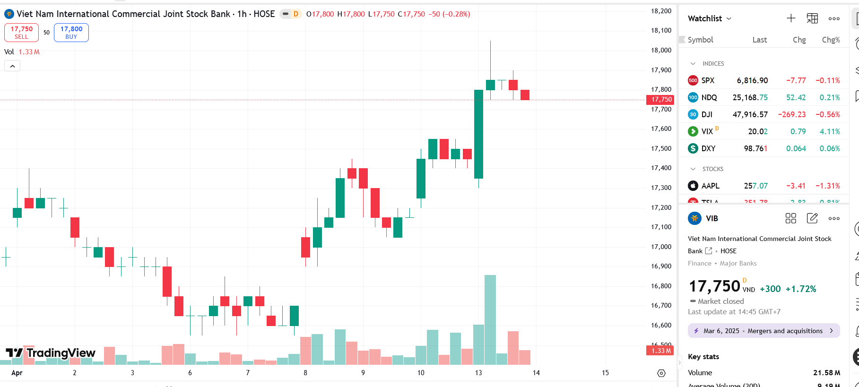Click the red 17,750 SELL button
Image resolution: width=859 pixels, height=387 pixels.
point(21,33)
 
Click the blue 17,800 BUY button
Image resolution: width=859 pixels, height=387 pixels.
point(71,33)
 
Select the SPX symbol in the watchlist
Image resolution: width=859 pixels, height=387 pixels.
point(708,80)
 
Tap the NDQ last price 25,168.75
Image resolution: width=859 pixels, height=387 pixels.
point(750,97)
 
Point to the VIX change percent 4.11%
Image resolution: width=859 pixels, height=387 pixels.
point(830,131)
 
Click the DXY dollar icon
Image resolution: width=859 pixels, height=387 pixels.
point(693,148)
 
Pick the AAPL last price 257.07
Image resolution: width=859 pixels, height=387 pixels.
point(755,186)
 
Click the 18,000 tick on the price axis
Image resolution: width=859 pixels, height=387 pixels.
point(661,50)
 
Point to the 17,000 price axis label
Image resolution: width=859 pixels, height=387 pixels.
point(661,247)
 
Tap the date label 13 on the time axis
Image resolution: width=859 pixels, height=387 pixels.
point(478,373)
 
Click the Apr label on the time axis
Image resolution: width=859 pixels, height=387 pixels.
point(17,373)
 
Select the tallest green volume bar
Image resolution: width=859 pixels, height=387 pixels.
point(490,319)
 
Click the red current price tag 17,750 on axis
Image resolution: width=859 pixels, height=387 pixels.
point(661,99)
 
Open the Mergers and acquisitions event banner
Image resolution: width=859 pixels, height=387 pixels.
point(764,331)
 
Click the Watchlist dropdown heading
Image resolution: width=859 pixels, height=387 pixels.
point(709,18)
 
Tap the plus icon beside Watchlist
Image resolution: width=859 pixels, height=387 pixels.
point(791,18)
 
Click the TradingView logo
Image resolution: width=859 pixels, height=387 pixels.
point(51,353)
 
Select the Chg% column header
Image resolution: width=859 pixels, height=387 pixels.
point(831,40)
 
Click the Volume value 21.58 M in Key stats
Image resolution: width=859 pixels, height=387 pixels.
point(826,373)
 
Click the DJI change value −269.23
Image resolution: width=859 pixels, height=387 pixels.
point(792,114)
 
